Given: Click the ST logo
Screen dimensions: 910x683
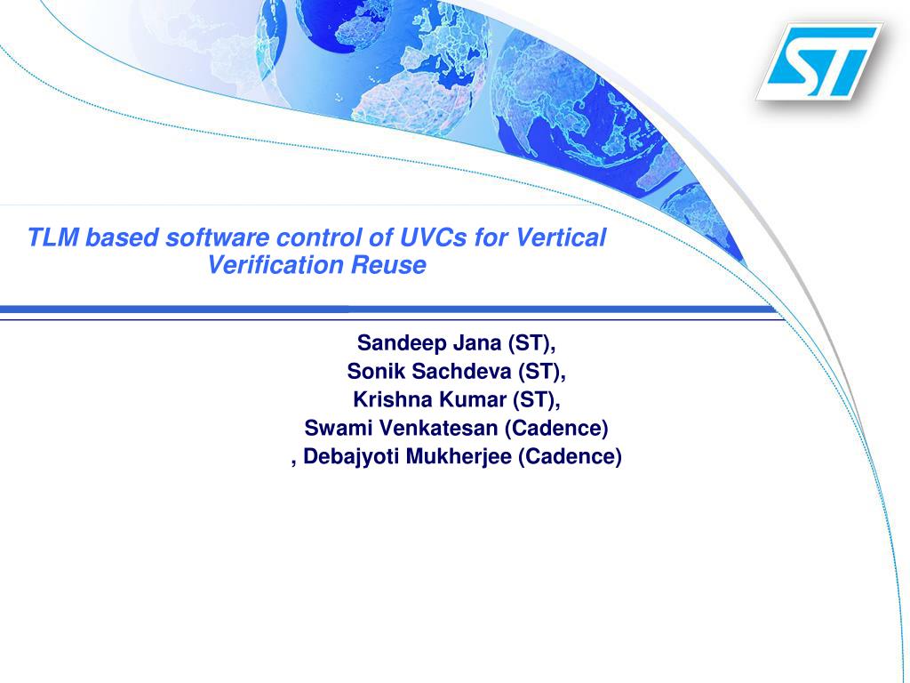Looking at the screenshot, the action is [x=819, y=60].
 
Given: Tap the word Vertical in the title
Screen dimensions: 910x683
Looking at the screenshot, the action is [x=561, y=237].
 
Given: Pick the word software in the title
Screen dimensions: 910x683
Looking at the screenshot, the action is [x=218, y=237].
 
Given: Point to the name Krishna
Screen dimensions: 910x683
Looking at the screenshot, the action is [x=392, y=399].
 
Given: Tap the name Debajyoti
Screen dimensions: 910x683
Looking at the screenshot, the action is [x=351, y=457].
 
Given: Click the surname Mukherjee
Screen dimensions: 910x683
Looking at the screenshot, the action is [x=459, y=457].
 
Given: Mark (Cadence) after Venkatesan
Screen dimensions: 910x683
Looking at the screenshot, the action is [x=556, y=428].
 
